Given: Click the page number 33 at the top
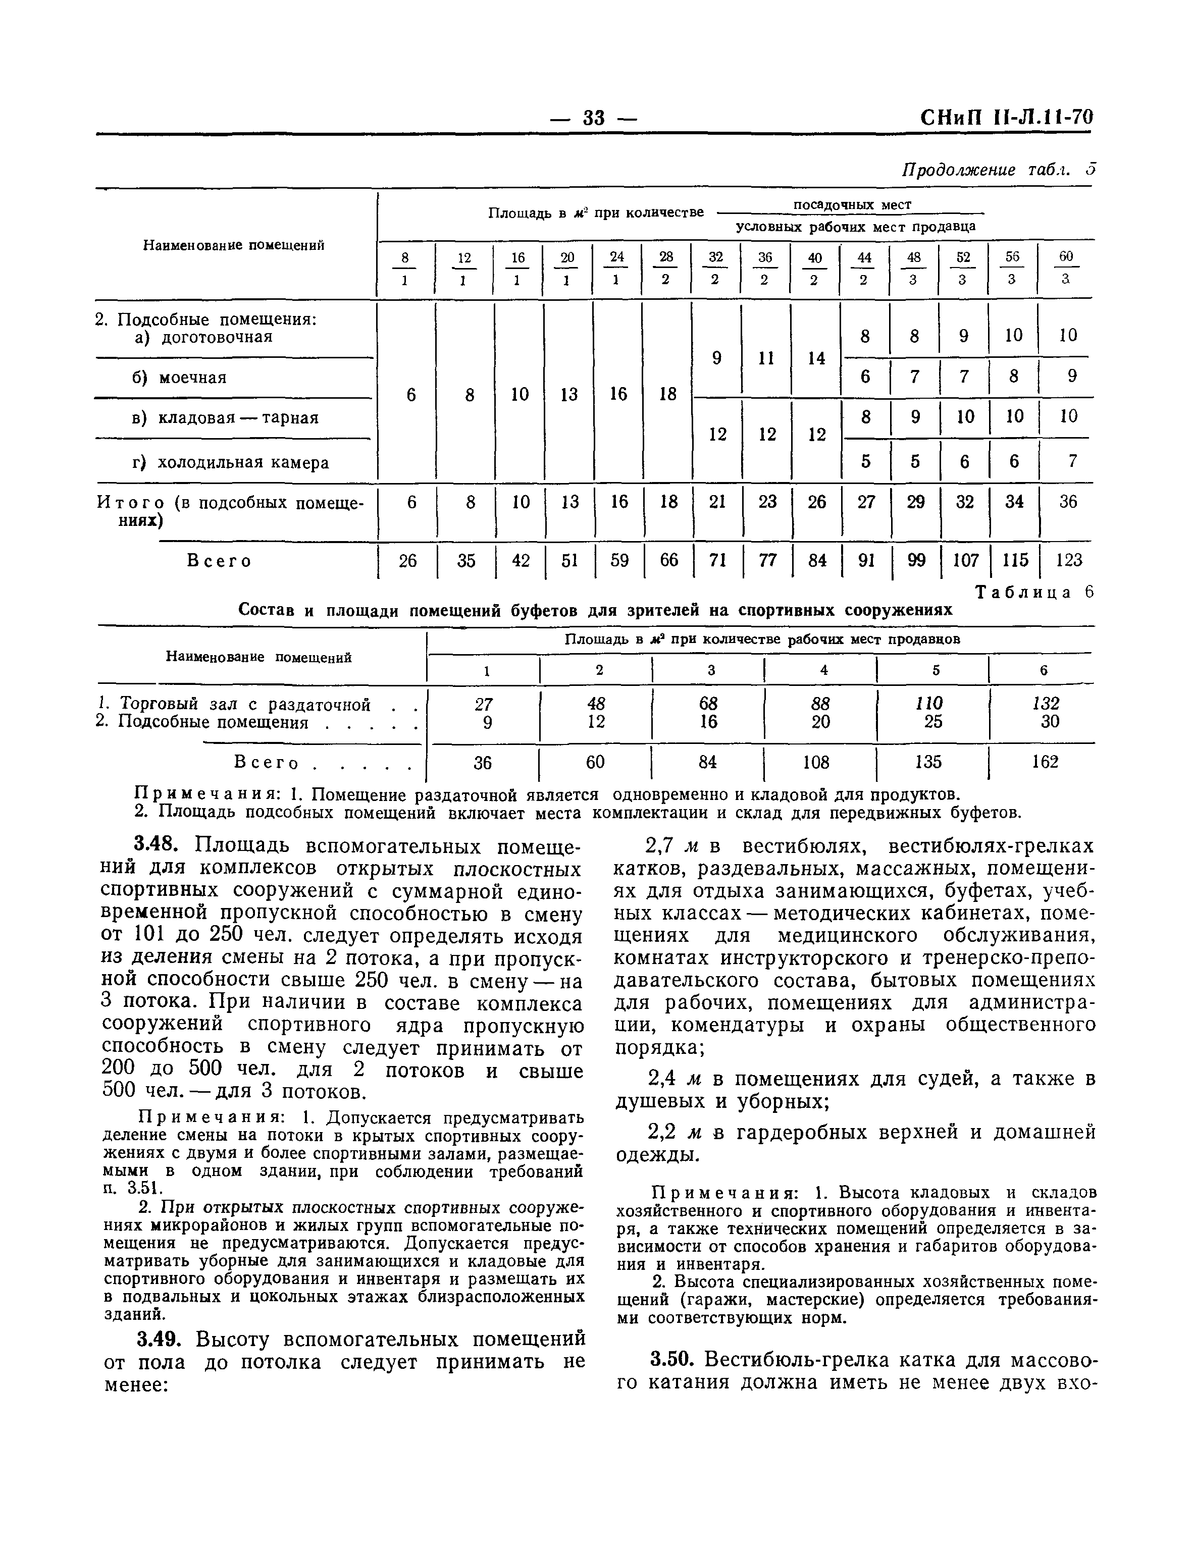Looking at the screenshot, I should (x=593, y=118).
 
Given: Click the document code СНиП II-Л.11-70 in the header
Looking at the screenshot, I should (x=1006, y=117).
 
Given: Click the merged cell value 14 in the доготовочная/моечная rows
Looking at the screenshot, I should (x=817, y=358).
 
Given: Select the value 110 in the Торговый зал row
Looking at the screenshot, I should (x=929, y=703).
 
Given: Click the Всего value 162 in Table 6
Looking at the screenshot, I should (x=1045, y=762).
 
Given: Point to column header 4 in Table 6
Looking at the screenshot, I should (x=824, y=669).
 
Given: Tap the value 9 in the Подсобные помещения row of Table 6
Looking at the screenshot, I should (x=487, y=722).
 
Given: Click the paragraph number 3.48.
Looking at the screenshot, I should (x=162, y=846).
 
